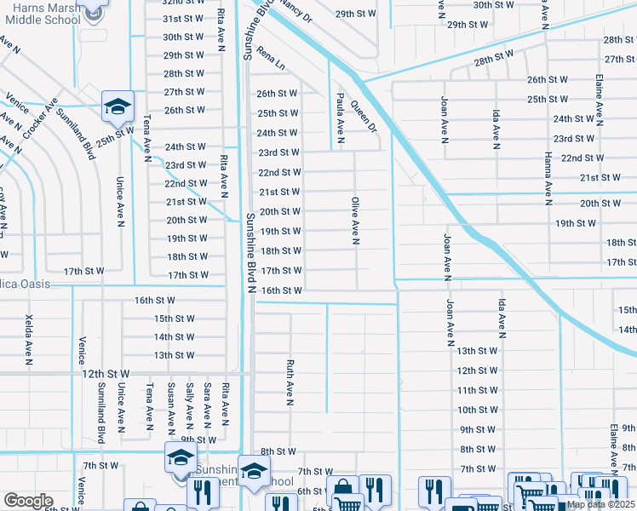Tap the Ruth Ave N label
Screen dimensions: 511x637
[290, 381]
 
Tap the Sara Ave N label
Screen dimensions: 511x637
[207, 404]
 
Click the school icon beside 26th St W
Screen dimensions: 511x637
[118, 106]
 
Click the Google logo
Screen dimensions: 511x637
[28, 501]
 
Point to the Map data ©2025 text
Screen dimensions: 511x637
[600, 504]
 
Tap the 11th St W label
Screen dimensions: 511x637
[477, 390]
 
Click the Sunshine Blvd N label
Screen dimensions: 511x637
[251, 252]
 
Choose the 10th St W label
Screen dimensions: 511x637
[477, 410]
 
